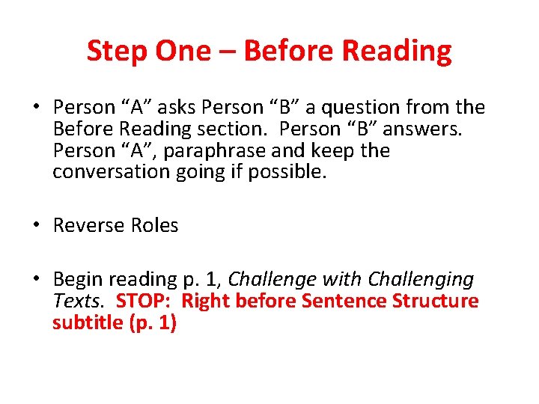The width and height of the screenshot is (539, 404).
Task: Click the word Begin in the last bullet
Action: tap(79, 280)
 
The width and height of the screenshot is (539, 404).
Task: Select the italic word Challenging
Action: tap(421, 280)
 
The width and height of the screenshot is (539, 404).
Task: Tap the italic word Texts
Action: tap(82, 302)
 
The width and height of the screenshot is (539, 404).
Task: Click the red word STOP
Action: tap(144, 302)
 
